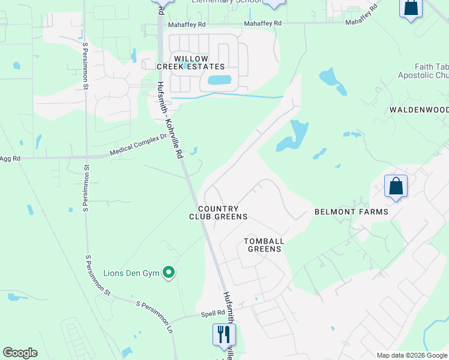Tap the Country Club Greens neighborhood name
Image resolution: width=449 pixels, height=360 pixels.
(x=218, y=212)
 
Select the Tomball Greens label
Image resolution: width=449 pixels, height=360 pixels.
(x=264, y=245)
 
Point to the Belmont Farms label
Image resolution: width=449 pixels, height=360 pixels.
(x=351, y=212)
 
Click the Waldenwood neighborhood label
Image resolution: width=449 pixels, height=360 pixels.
(x=419, y=110)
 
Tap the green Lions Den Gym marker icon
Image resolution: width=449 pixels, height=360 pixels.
(x=169, y=274)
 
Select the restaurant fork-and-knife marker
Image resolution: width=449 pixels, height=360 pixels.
(x=224, y=334)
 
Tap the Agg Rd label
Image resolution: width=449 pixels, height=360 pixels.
(x=10, y=158)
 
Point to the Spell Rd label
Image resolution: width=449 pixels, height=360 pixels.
(x=212, y=313)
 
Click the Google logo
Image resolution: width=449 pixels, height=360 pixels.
(x=20, y=353)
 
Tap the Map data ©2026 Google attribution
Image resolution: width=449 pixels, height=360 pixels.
(x=411, y=355)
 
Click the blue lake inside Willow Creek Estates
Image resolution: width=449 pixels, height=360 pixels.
(x=219, y=80)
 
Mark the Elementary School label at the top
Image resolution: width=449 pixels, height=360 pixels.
(x=227, y=2)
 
